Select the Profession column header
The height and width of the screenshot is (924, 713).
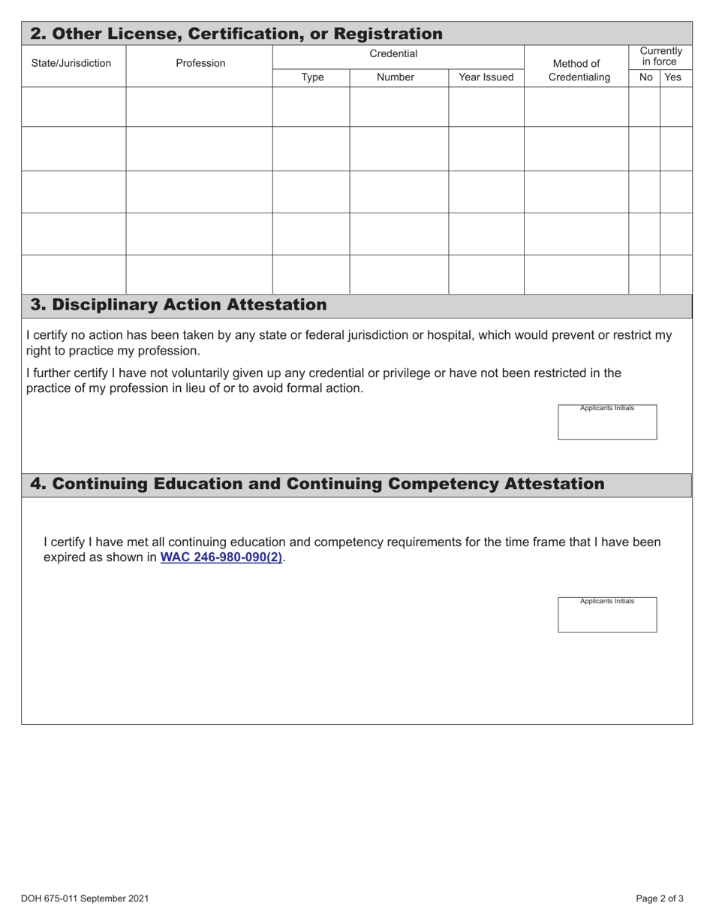(x=200, y=64)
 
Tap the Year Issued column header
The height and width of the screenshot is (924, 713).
(x=486, y=77)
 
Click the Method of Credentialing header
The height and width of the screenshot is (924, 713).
(x=575, y=71)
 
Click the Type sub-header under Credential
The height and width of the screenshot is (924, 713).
(x=311, y=77)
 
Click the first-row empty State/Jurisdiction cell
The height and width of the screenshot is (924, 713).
(x=73, y=106)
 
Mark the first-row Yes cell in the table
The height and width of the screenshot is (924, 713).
(x=675, y=106)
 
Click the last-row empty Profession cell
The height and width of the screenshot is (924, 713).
(x=199, y=273)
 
